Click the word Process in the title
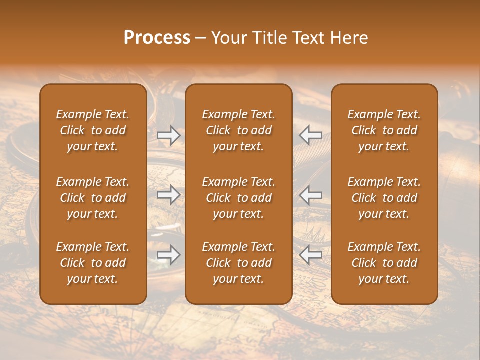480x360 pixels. pos(157,38)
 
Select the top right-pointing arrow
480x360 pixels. pos(169,135)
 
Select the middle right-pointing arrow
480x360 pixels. pos(169,195)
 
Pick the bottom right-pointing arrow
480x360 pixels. pos(169,255)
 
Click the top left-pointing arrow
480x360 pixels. pos(311,135)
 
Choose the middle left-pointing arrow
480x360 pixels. pos(311,195)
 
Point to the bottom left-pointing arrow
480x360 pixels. pos(311,255)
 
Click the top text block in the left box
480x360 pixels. pos(93,130)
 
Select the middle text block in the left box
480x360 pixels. pos(93,198)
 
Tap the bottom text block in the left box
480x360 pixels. pos(93,263)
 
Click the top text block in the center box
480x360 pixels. pos(238,130)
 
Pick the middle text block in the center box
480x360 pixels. pos(238,198)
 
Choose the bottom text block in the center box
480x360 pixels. pos(238,263)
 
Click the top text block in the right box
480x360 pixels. pos(384,130)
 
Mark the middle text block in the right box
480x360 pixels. pos(384,198)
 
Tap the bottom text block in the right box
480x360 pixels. pos(384,263)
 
